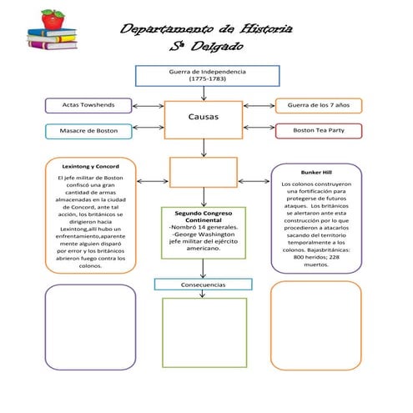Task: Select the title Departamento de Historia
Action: pyautogui.click(x=206, y=29)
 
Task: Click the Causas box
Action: pyautogui.click(x=204, y=118)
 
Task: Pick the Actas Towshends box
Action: pyautogui.click(x=88, y=105)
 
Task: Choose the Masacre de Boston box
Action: pyautogui.click(x=88, y=131)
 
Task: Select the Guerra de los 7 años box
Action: pyautogui.click(x=318, y=105)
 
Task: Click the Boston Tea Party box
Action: pyautogui.click(x=318, y=131)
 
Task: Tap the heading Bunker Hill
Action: pyautogui.click(x=316, y=172)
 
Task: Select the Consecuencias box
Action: pyautogui.click(x=203, y=285)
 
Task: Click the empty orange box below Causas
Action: pyautogui.click(x=203, y=172)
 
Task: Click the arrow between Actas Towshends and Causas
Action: pyautogui.click(x=148, y=106)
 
